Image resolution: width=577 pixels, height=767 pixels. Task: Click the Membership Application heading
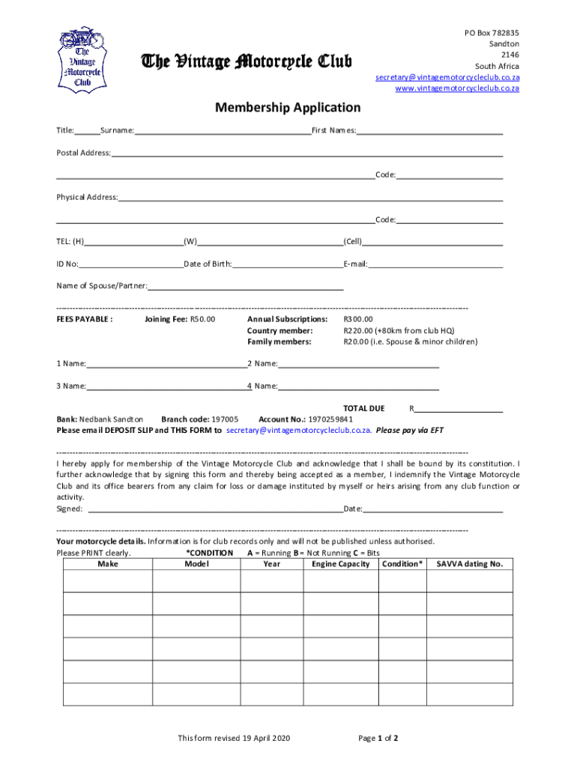click(288, 108)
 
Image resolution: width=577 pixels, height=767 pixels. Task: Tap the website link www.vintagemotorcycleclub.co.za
click(457, 88)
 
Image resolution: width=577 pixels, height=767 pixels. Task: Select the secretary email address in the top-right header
click(447, 77)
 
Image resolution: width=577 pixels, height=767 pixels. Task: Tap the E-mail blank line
click(435, 264)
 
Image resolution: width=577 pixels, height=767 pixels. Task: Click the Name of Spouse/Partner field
click(246, 285)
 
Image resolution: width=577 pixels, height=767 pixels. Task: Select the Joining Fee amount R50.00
click(202, 319)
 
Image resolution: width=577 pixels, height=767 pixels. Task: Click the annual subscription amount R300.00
click(358, 319)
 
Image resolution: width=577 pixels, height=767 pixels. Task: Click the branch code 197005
click(226, 419)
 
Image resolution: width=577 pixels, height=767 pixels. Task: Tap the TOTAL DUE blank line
click(459, 408)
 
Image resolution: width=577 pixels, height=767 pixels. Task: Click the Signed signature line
click(216, 509)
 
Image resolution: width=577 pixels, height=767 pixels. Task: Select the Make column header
click(108, 564)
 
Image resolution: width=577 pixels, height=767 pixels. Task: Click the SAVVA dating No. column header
click(469, 564)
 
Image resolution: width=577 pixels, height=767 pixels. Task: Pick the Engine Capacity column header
click(341, 564)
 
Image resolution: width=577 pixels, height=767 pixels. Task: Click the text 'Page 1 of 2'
click(378, 739)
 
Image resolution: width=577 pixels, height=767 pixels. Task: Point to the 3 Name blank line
click(166, 386)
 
